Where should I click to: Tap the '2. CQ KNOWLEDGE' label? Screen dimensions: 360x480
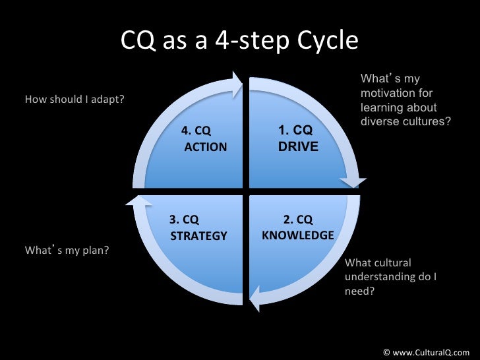[x=297, y=227]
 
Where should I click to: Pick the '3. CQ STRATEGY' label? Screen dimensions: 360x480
[x=198, y=228]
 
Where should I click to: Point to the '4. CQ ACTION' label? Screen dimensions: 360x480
[x=204, y=138]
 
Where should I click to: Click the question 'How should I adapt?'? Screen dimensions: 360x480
[x=75, y=100]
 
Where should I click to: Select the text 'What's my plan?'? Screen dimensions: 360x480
[x=67, y=250]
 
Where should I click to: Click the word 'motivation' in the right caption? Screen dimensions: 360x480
[x=396, y=94]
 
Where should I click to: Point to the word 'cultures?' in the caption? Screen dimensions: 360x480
[x=427, y=122]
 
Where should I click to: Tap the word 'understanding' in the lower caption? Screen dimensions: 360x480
[x=377, y=277]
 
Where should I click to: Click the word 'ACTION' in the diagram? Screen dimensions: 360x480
[x=206, y=147]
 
